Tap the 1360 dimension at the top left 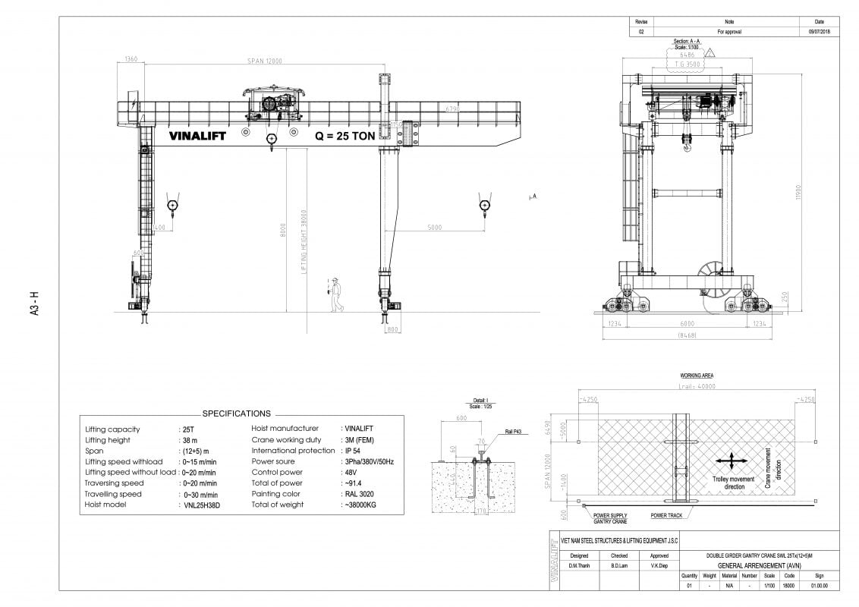130,59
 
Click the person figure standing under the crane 335,295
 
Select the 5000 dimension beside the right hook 435,227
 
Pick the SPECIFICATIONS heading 236,414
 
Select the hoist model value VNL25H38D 201,505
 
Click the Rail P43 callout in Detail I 512,432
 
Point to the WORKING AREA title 697,376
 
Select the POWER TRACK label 666,516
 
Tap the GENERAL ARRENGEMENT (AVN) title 758,566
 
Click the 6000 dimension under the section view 687,323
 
